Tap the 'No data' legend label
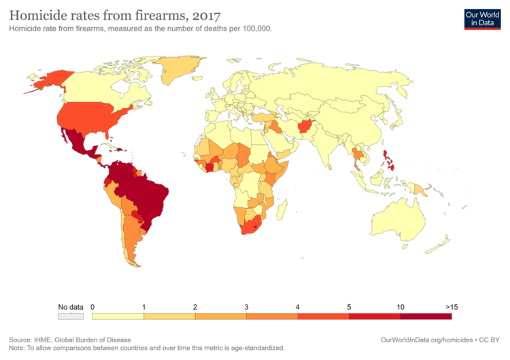pos(70,307)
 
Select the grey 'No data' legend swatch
pos(70,316)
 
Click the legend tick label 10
pos(401,307)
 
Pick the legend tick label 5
pos(349,307)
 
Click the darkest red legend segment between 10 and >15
pos(426,316)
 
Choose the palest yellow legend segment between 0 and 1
pos(118,316)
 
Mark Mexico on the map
pos(81,143)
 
